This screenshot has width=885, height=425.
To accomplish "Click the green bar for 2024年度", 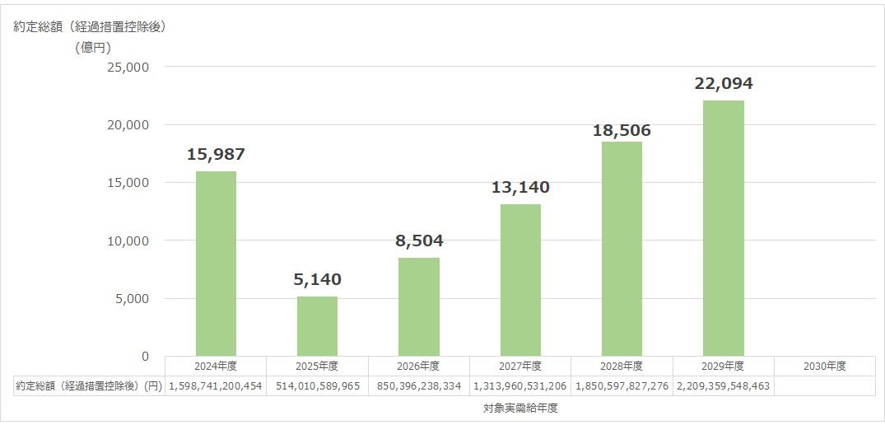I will tap(216, 264).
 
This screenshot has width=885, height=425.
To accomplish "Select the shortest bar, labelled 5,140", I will tap(317, 326).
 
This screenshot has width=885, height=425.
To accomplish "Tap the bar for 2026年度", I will tap(418, 306).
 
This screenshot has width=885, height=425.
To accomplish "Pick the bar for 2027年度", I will tap(520, 280).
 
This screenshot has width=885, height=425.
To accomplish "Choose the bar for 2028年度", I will tap(622, 249).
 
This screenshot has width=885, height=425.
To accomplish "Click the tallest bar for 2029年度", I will tap(723, 228).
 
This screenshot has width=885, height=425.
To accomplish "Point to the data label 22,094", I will tap(723, 83).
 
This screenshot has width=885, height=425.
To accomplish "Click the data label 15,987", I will tap(216, 154).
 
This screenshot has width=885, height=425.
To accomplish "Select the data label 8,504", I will tap(418, 241).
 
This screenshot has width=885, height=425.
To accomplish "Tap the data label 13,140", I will tap(520, 187).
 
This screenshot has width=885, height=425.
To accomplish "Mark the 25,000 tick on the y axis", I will tap(128, 67).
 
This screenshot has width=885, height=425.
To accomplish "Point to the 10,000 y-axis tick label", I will tap(128, 241).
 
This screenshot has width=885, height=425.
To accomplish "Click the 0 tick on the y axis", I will tap(145, 357).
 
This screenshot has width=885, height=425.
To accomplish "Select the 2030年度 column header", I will tap(824, 366).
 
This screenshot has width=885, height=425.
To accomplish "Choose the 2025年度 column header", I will tap(317, 366).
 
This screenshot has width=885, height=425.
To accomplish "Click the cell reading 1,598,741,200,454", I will tap(216, 385).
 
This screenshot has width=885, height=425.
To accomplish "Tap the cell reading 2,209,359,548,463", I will tap(723, 385).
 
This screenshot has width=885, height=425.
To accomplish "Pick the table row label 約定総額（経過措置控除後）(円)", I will tap(89, 385).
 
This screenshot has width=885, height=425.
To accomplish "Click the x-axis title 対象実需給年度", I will tap(520, 408).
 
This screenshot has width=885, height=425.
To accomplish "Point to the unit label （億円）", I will tap(93, 47).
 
